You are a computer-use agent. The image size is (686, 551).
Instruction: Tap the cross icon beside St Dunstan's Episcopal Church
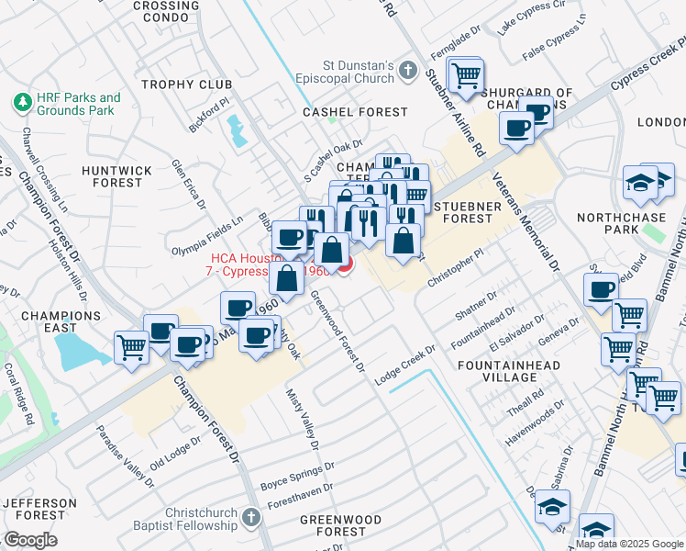tap(408, 73)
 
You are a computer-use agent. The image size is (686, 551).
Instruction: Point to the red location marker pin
tap(345, 265)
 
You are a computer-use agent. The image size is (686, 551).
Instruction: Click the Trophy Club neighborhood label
tap(187, 85)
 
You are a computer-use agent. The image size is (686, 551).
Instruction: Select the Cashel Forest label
tap(355, 112)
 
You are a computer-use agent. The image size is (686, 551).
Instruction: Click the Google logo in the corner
tap(30, 540)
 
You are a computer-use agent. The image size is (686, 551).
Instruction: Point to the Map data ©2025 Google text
tap(630, 544)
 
